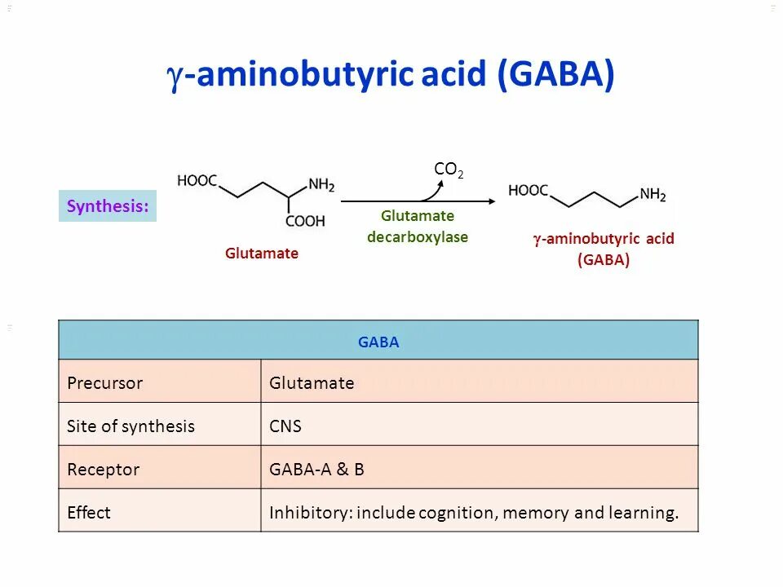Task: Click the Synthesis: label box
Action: [108, 206]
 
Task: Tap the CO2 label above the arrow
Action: [449, 170]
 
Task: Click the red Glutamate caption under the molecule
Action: [262, 254]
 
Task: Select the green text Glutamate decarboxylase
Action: [418, 227]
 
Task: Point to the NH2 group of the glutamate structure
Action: [321, 186]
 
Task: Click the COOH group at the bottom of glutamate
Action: [305, 221]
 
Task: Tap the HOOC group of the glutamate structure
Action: [197, 181]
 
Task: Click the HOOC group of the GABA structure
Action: [529, 191]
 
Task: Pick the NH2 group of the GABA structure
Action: [652, 195]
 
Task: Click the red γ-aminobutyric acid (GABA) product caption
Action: [604, 249]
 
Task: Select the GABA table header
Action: [378, 342]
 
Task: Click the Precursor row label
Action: [104, 383]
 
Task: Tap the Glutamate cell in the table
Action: [312, 383]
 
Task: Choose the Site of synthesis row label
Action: [130, 426]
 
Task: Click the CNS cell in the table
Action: [285, 426]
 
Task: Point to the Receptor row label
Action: [103, 470]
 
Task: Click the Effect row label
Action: [89, 513]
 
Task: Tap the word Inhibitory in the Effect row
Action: [310, 513]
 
